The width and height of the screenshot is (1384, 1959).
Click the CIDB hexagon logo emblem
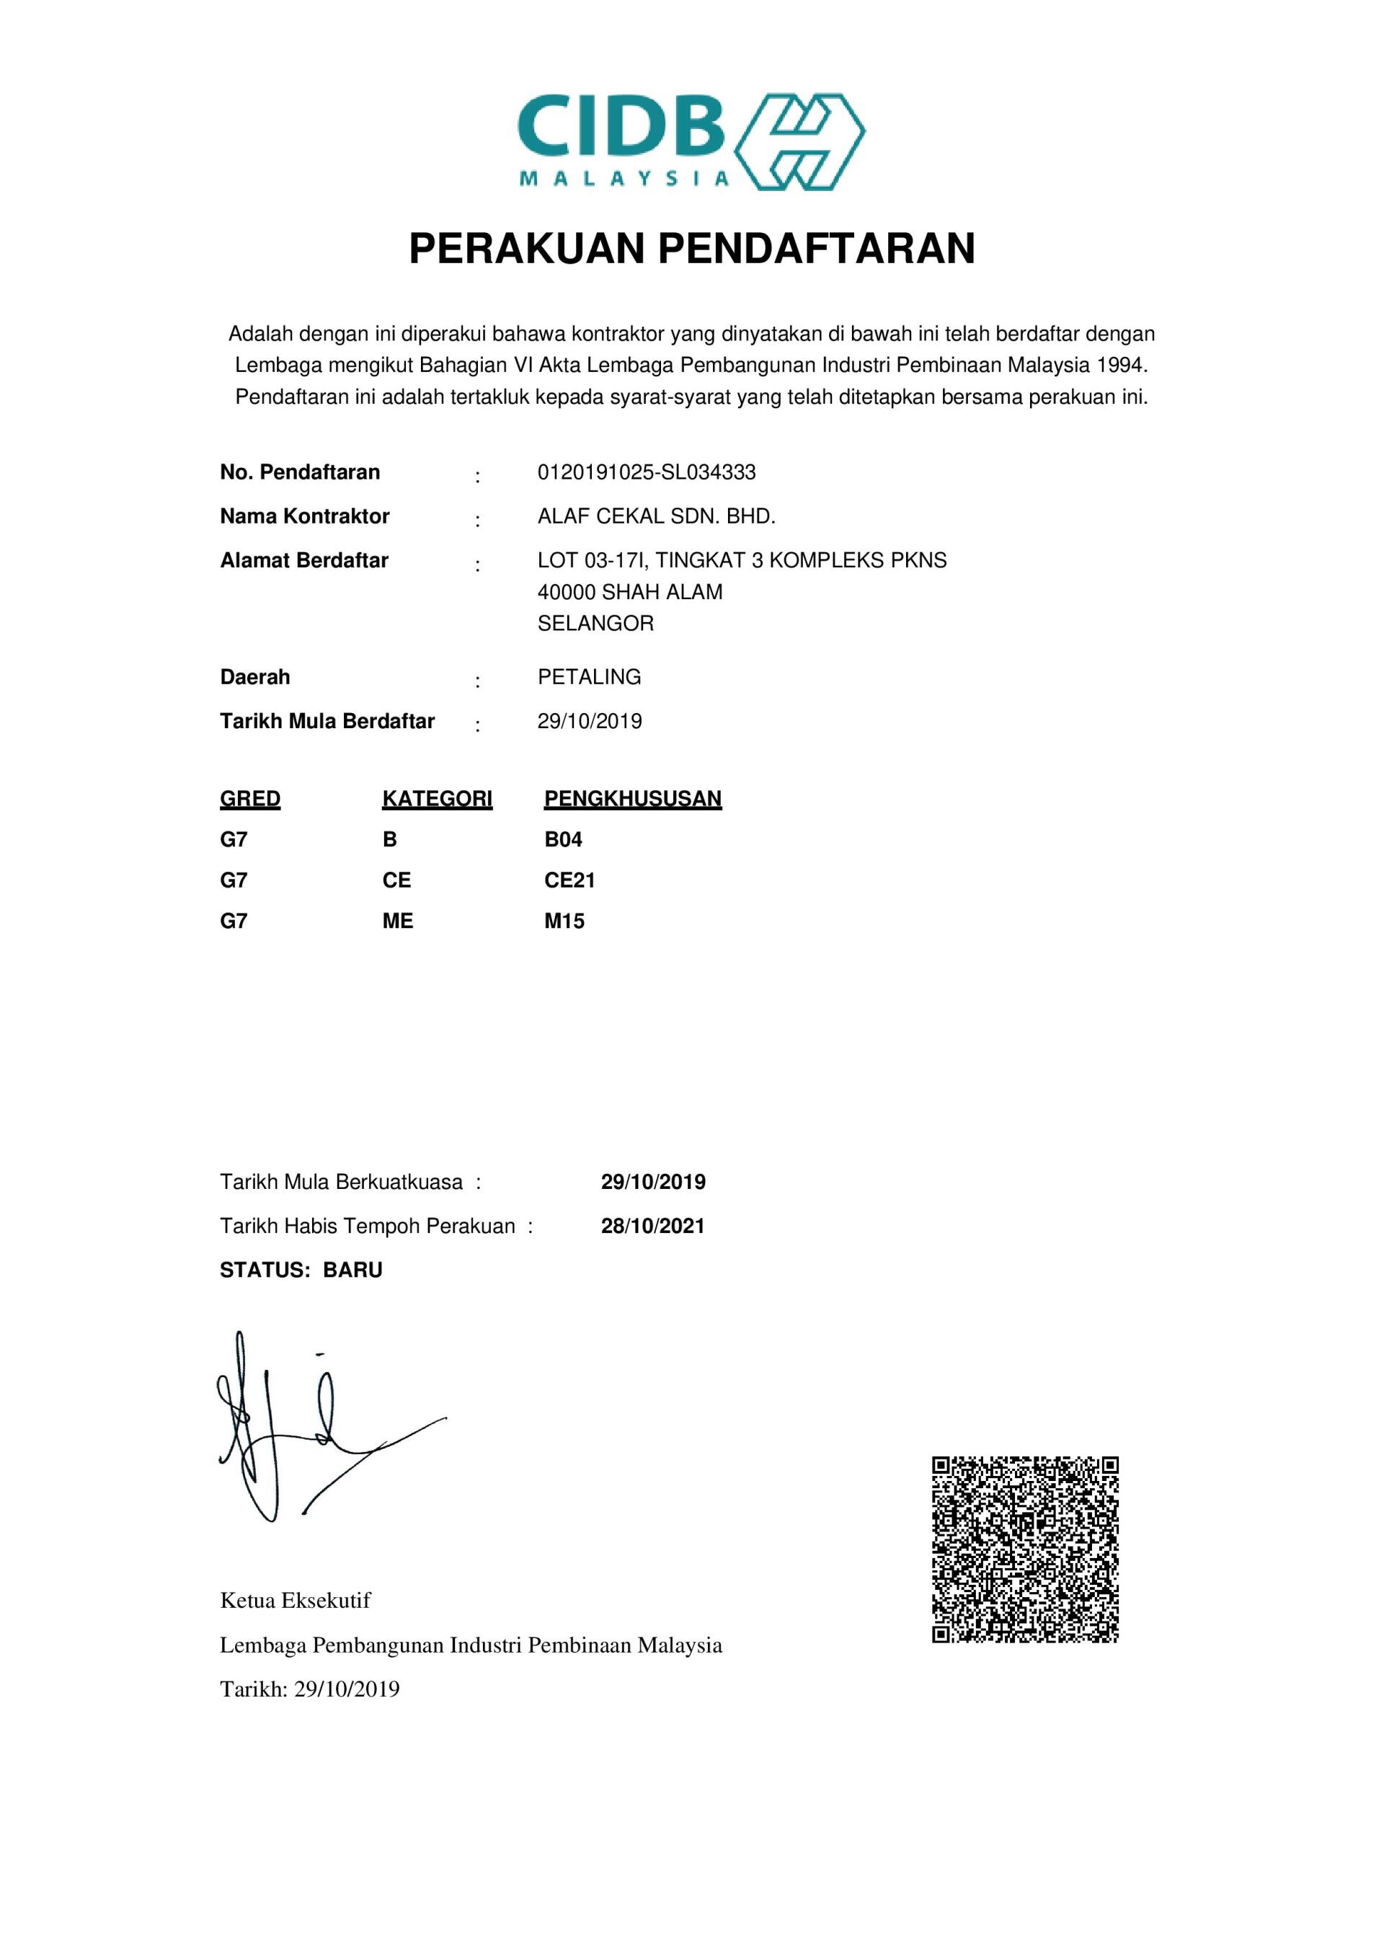click(x=799, y=141)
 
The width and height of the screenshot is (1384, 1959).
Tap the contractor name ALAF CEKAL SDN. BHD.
click(x=655, y=516)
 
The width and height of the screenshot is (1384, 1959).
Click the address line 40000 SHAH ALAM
click(x=630, y=592)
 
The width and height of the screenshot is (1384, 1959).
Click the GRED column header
click(x=250, y=799)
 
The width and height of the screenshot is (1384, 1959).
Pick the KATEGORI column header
click(x=437, y=799)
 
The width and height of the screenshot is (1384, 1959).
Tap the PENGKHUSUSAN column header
click(x=632, y=799)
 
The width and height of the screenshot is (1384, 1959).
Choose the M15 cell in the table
click(x=564, y=921)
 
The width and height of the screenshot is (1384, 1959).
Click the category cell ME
click(x=398, y=921)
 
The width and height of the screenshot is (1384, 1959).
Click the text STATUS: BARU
click(x=301, y=1270)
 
